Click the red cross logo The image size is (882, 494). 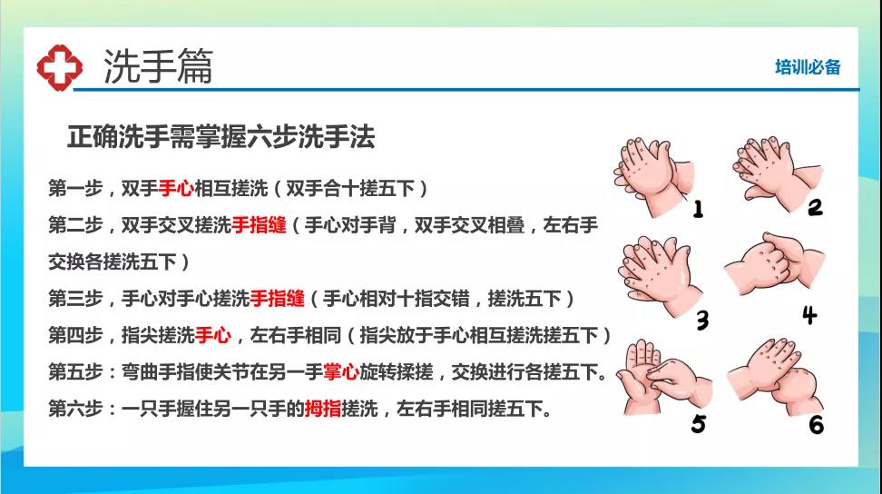point(60,67)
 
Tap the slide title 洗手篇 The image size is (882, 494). point(158,65)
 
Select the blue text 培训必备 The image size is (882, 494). point(808,67)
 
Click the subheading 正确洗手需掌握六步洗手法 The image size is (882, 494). point(221,137)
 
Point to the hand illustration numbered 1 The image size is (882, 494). point(652,175)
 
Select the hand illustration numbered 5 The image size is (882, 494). point(663,377)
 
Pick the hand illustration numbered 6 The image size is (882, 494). point(776,374)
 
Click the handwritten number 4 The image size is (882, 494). point(809,315)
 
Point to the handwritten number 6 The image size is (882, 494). point(816,425)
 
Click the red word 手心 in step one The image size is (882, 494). point(176,188)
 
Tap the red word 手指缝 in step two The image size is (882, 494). point(259,225)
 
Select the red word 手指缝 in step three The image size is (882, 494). point(278,298)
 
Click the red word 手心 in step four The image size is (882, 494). point(213,335)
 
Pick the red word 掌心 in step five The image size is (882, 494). point(341,372)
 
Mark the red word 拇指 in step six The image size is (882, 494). point(323,409)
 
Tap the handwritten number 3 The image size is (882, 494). point(702,321)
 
